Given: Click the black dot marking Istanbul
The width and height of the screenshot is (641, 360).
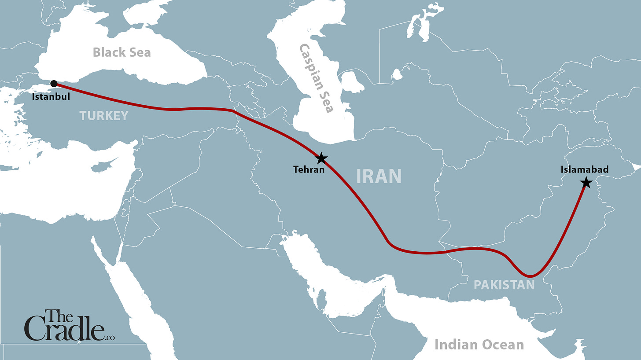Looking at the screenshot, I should click(x=54, y=83).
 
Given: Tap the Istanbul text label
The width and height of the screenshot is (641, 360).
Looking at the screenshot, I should click(x=51, y=96).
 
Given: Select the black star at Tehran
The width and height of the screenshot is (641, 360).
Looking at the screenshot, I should click(x=322, y=158).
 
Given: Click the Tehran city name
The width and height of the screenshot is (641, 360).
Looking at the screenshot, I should click(x=309, y=169).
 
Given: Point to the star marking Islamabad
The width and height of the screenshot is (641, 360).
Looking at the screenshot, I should click(x=586, y=183).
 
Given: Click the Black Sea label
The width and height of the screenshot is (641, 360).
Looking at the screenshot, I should click(x=122, y=52).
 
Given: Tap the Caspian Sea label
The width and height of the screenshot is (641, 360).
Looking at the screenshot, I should click(x=316, y=78).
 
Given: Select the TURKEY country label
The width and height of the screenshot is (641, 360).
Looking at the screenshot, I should click(x=104, y=116).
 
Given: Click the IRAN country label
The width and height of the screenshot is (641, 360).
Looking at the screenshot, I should click(x=379, y=176).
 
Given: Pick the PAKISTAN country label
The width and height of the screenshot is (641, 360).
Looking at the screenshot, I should click(x=504, y=285).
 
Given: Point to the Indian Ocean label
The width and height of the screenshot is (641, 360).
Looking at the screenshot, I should click(x=479, y=345).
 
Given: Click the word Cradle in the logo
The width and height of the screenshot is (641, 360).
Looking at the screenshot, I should click(x=64, y=331).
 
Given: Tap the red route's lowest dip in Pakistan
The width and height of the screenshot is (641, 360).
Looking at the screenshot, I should click(x=530, y=276).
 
